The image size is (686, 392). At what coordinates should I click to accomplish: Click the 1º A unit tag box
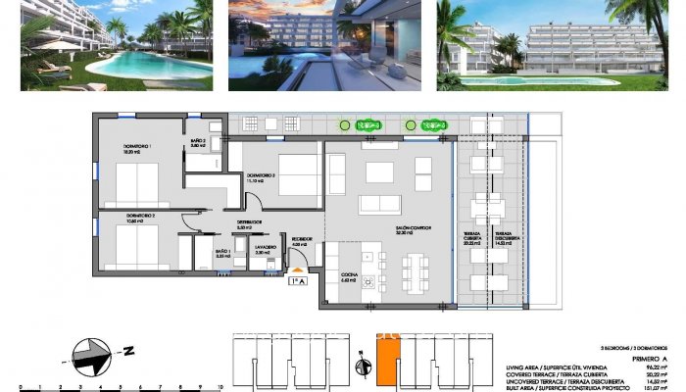tap(296, 281)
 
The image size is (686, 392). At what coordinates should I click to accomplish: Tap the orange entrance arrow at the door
tap(296, 269)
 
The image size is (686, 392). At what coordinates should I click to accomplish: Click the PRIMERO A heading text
tap(643, 360)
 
